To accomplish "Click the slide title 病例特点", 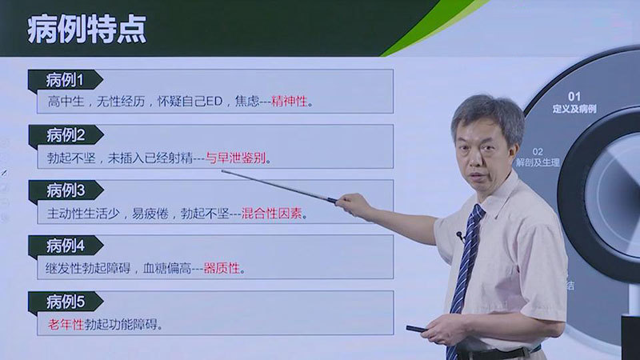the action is click(86, 30).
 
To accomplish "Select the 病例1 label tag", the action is click(66, 80).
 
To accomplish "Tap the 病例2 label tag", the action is click(66, 135).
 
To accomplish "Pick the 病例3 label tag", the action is click(66, 190).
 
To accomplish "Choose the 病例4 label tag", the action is click(66, 246).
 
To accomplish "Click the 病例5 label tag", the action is click(66, 302).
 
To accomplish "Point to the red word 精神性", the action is click(290, 102).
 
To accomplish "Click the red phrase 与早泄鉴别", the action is click(235, 158).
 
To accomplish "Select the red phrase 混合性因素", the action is click(271, 213).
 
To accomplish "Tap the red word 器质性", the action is click(222, 268).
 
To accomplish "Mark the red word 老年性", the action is click(66, 325).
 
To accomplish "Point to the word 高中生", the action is click(66, 102).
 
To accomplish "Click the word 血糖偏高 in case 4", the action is click(167, 268).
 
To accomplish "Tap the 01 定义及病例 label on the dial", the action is click(574, 102).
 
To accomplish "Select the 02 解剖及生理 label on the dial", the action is click(538, 158).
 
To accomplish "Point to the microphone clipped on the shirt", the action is click(461, 235).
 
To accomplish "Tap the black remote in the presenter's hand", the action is click(417, 329).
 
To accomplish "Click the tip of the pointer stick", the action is click(222, 171).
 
